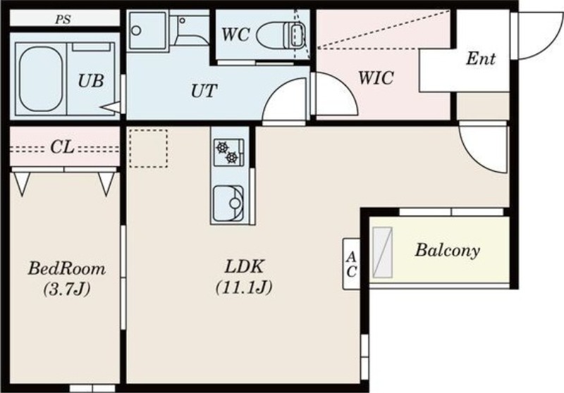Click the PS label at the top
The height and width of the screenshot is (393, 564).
click(63, 20)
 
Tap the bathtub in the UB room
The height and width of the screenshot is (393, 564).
click(40, 78)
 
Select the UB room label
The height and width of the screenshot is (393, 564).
click(91, 81)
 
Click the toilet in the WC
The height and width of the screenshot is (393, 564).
click(281, 35)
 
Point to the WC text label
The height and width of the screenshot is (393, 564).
click(235, 35)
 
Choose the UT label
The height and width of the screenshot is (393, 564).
click(204, 91)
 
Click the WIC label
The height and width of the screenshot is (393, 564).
click(376, 77)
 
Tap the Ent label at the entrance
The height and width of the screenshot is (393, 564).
click(481, 58)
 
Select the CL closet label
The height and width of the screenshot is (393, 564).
click(62, 146)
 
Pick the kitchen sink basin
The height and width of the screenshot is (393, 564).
click(228, 204)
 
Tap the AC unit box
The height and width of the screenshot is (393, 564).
click(351, 263)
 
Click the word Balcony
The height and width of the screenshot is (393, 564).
click(448, 251)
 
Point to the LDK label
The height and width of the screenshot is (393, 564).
click(245, 267)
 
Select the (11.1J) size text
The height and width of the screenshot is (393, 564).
click(244, 287)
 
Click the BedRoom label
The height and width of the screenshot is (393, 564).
click(67, 268)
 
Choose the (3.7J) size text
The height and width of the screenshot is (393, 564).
click(66, 289)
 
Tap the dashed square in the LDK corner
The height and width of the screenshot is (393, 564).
click(149, 149)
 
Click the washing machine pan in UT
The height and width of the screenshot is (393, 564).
click(147, 30)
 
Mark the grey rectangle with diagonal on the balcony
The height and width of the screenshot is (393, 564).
click(382, 252)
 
